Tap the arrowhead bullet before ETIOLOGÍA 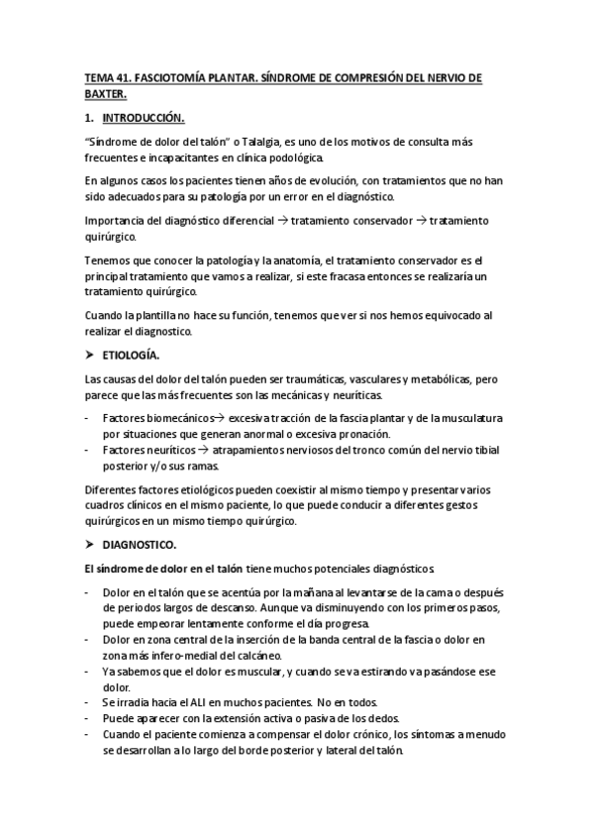click(90, 354)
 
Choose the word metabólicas click(422, 379)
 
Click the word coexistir click(287, 489)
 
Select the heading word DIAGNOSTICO click(140, 544)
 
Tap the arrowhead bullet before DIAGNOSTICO click(90, 544)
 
